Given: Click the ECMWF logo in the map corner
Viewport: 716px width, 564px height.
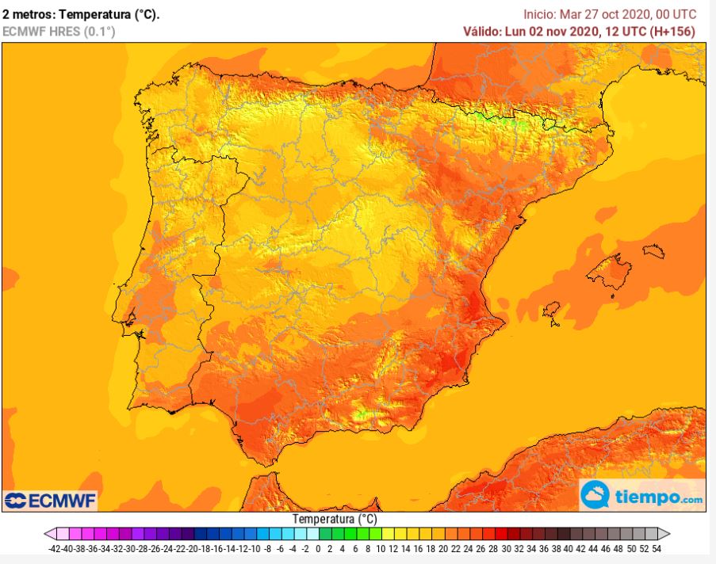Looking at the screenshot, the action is point(50,501).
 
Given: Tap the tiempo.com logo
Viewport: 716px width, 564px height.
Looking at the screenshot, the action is point(642,495).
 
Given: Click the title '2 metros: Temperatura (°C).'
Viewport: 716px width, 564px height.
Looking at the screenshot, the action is point(81,14).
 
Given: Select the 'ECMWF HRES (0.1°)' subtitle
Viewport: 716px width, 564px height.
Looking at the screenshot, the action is point(59,32).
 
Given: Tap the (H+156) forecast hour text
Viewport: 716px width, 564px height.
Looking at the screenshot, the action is point(673,31).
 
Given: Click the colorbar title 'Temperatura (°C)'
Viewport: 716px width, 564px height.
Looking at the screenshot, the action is point(335,519).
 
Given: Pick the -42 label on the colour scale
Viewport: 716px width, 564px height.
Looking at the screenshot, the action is point(55,549).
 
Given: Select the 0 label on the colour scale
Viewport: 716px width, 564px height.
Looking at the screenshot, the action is point(318,549).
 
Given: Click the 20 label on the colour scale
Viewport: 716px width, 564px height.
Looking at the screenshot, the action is point(443,549).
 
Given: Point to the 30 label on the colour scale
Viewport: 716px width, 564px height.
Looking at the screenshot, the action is point(506,549).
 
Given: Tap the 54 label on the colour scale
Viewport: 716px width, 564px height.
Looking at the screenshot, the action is point(657,549).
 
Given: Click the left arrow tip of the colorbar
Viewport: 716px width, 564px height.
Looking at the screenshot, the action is point(44,534).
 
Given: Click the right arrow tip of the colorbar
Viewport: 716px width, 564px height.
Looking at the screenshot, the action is point(670,534).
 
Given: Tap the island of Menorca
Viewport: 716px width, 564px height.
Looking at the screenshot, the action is point(654,251).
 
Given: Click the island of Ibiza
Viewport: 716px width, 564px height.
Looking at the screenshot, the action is point(552,311).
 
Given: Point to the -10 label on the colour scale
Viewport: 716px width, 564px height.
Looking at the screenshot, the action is point(255,549).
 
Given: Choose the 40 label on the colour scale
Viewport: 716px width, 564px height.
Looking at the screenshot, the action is point(569,549).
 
